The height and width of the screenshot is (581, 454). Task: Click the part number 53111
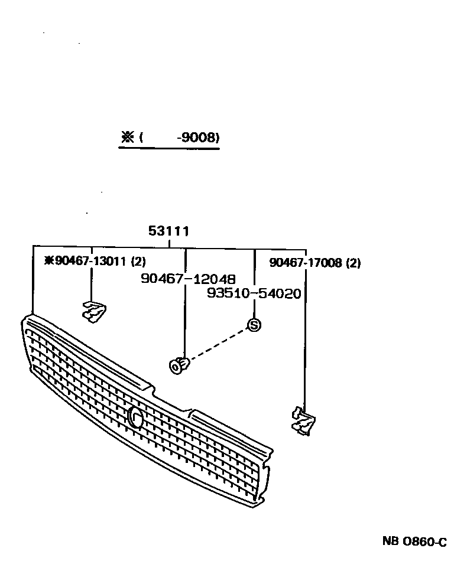169,231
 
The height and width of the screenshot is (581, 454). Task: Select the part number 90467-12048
188,279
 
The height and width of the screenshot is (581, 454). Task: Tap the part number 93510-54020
254,293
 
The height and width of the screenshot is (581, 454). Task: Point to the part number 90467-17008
306,263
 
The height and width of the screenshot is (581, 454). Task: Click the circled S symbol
254,324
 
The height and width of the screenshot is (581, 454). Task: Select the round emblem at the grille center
135,417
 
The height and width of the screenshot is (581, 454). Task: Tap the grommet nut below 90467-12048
178,365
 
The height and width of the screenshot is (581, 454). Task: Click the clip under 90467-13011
93,311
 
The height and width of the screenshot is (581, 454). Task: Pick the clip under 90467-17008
304,421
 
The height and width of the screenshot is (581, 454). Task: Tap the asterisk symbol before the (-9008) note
127,138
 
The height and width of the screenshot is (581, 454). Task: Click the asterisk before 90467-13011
49,262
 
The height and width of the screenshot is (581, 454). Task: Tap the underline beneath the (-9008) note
169,149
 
